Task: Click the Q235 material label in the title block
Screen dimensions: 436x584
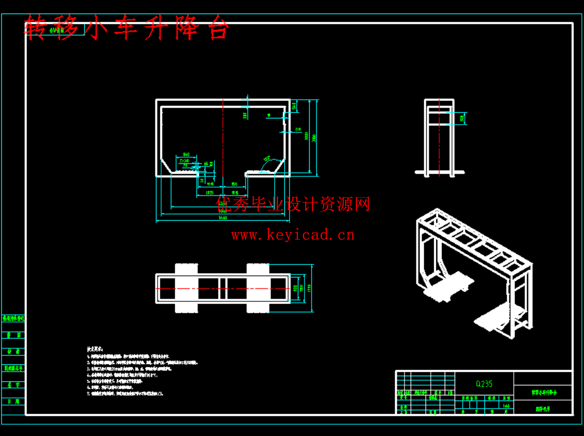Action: (x=484, y=384)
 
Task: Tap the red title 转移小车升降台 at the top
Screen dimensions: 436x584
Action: (x=127, y=28)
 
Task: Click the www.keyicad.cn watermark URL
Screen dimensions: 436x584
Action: (x=293, y=235)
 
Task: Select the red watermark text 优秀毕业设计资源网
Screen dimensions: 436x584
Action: (x=293, y=204)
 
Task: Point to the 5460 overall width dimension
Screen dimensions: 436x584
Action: (x=222, y=218)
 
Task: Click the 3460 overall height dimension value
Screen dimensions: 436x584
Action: (x=314, y=137)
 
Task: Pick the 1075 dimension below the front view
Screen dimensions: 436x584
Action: (x=210, y=193)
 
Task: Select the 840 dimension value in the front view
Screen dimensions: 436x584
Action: (x=186, y=155)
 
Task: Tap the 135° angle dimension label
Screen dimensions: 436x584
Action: (x=266, y=159)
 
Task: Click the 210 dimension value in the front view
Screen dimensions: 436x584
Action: (x=298, y=129)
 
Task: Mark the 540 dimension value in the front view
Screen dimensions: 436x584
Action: (x=294, y=106)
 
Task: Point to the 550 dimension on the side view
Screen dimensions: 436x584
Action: (x=462, y=118)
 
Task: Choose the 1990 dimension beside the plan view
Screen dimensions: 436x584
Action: (x=309, y=288)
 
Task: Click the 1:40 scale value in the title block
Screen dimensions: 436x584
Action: (x=506, y=406)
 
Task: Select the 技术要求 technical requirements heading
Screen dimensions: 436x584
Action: (x=94, y=349)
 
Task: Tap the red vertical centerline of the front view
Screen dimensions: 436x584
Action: (x=223, y=140)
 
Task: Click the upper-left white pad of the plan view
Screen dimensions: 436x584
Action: (x=187, y=269)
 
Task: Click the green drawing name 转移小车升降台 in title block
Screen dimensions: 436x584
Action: (x=543, y=392)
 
